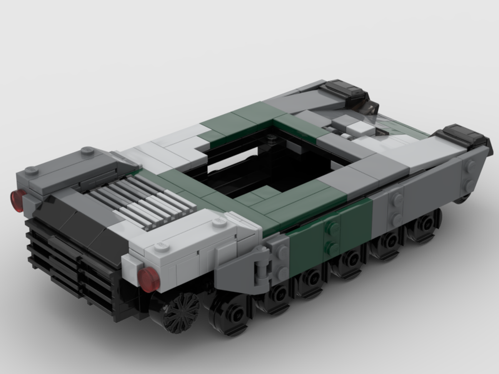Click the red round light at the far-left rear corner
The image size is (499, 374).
tap(18, 199)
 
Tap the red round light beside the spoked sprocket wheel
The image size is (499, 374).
tap(149, 279)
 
